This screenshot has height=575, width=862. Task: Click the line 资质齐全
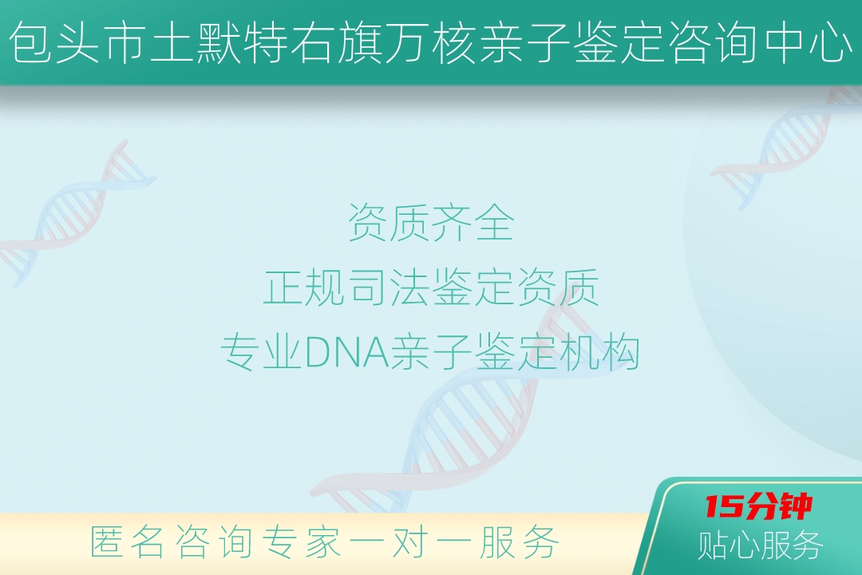coord(431,222)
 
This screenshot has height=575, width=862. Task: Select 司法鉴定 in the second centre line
coord(431,287)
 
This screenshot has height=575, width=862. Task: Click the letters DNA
coord(346,352)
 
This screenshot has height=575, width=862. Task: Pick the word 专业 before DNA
coord(262,352)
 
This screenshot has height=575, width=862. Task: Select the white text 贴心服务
coord(761,545)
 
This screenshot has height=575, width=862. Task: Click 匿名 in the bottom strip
coord(127,541)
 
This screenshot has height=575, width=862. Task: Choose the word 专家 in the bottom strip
coord(301,541)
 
